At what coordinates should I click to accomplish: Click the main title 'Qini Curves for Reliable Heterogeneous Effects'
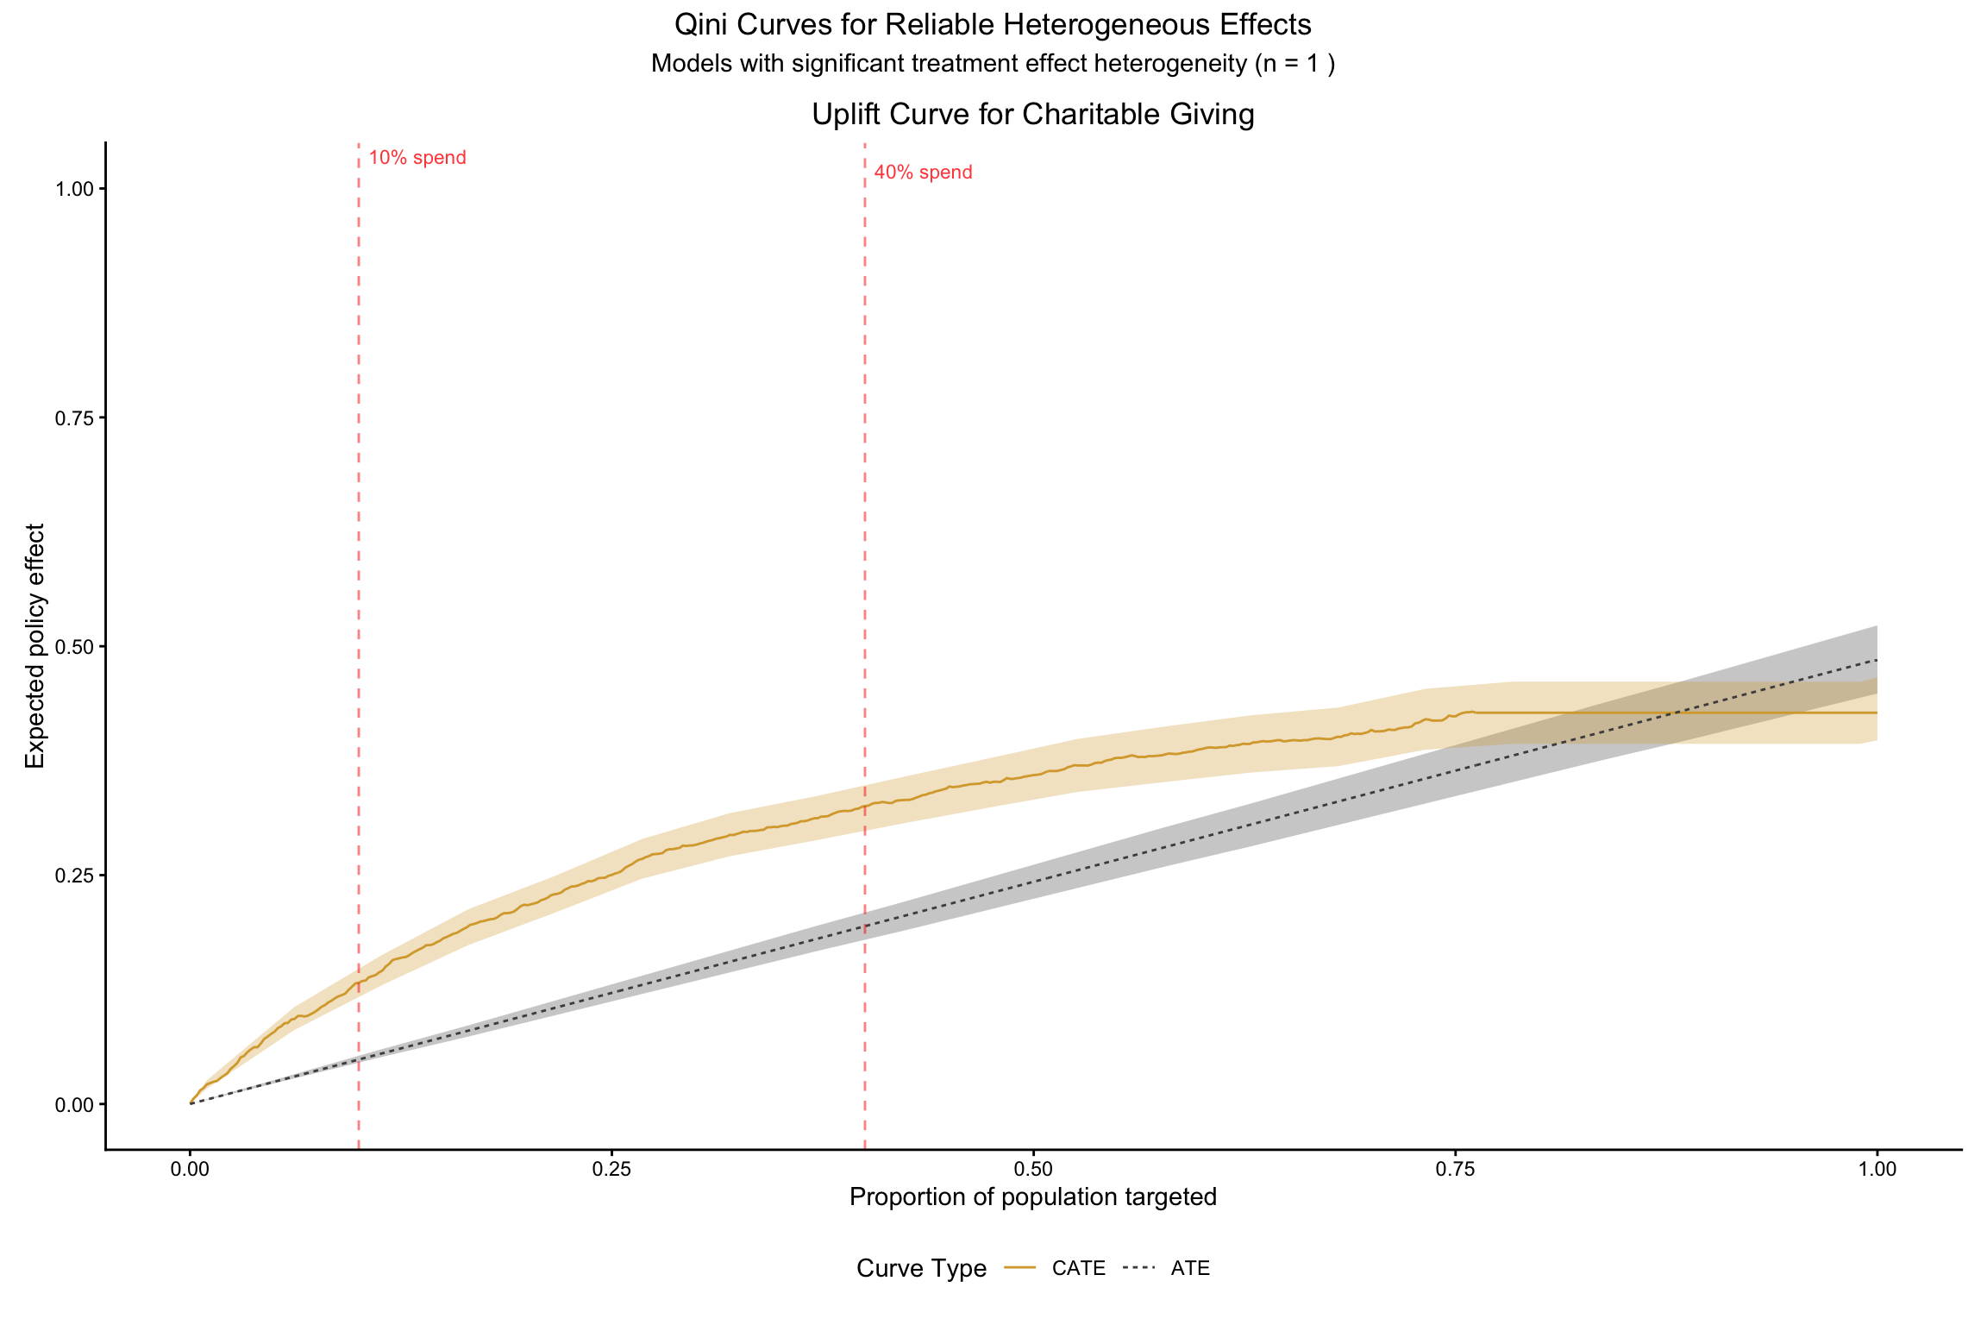[x=993, y=25]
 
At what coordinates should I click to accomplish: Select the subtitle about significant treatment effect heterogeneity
[x=993, y=64]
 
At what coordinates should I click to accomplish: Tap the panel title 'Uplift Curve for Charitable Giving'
[x=1032, y=114]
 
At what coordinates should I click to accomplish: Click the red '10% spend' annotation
[x=417, y=158]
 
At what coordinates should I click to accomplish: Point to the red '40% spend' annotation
[x=923, y=173]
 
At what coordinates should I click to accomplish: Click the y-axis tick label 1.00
[x=74, y=189]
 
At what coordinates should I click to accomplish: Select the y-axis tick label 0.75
[x=74, y=418]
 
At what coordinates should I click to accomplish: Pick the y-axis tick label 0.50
[x=74, y=647]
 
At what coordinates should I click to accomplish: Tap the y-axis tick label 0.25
[x=74, y=876]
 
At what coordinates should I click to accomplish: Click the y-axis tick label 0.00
[x=74, y=1104]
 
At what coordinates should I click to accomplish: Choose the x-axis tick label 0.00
[x=190, y=1170]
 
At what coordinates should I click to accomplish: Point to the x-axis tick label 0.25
[x=611, y=1170]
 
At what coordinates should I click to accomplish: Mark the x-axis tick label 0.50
[x=1033, y=1170]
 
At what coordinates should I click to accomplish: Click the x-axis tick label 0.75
[x=1455, y=1170]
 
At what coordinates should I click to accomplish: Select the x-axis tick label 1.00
[x=1877, y=1170]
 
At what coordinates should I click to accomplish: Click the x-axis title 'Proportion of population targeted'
[x=1032, y=1197]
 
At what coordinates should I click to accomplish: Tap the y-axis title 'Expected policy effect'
[x=34, y=645]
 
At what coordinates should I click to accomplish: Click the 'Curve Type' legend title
[x=921, y=1268]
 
